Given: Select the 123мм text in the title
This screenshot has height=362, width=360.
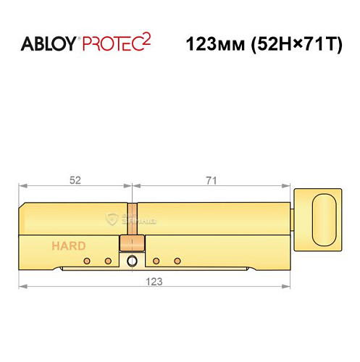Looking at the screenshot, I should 212,44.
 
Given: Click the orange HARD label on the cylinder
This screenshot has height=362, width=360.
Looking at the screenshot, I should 68,245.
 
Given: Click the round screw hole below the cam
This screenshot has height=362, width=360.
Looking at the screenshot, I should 131,261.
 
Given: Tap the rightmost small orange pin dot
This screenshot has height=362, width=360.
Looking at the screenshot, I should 177,260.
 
